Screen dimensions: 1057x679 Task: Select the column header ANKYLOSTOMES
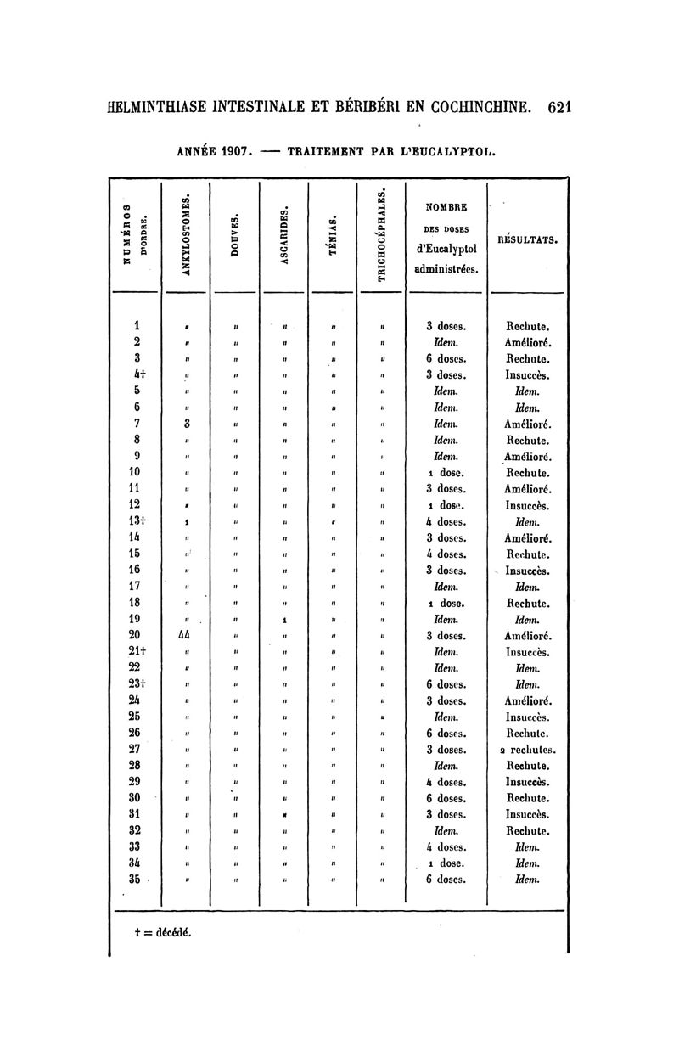[185, 233]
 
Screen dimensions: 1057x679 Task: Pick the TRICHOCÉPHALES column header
[382, 234]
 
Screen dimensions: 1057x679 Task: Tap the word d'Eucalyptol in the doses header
[446, 249]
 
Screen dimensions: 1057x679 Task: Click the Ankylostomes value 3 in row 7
[185, 424]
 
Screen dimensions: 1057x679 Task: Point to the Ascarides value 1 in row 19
[284, 619]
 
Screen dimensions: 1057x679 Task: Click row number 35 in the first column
[133, 879]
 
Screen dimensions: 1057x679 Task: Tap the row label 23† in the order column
[136, 684]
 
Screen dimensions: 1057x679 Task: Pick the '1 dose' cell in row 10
[446, 473]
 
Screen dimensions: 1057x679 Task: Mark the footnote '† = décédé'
[163, 930]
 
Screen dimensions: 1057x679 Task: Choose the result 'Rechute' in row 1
[528, 326]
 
